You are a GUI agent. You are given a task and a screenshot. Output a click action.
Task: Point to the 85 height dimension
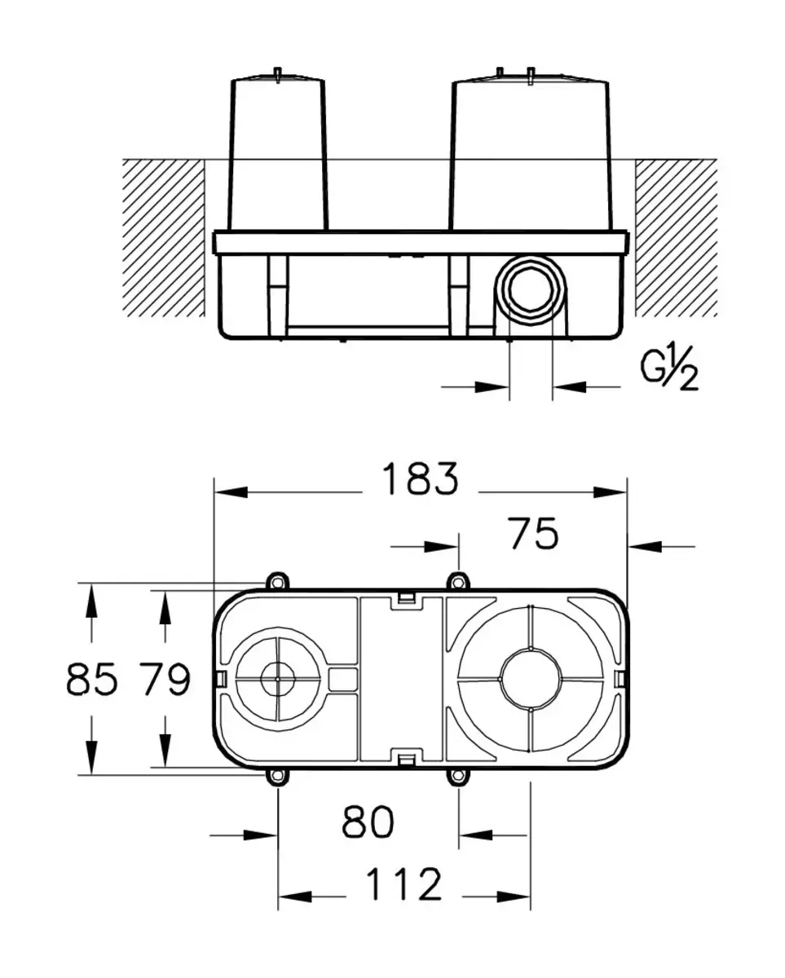92,679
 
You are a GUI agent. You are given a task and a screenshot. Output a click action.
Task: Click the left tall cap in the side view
279,155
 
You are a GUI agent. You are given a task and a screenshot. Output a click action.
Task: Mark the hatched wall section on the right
676,236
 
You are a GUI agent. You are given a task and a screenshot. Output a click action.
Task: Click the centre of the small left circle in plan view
278,678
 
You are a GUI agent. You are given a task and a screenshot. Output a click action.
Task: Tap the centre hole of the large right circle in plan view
531,678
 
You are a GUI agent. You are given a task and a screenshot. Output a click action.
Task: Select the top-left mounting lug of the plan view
278,581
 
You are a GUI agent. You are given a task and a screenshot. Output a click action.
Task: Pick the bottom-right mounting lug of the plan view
459,777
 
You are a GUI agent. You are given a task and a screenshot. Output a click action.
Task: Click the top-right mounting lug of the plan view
459,581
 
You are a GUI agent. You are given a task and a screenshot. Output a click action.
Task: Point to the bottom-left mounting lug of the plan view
278,777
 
